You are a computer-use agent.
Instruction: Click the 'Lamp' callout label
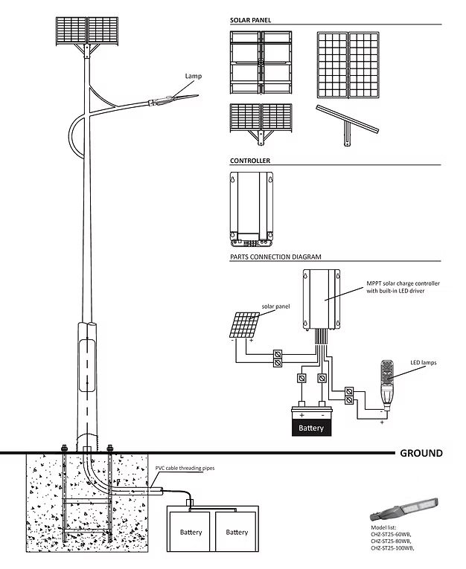coord(194,76)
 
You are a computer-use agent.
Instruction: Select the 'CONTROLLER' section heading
coord(250,160)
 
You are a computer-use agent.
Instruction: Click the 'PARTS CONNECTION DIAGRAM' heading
coord(275,257)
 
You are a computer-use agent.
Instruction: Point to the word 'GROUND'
coord(421,453)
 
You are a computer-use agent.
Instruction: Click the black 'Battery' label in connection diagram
coord(311,428)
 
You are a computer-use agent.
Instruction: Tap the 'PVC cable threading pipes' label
coord(185,469)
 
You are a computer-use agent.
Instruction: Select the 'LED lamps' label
coord(423,363)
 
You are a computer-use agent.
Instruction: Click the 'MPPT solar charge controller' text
coord(403,284)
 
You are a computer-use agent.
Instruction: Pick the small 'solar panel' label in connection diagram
coord(275,306)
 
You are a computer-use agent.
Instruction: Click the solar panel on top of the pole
coord(88,30)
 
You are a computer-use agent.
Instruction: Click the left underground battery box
coord(191,531)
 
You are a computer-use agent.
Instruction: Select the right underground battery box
coord(237,531)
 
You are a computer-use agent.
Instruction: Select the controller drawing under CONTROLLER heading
coord(251,208)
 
